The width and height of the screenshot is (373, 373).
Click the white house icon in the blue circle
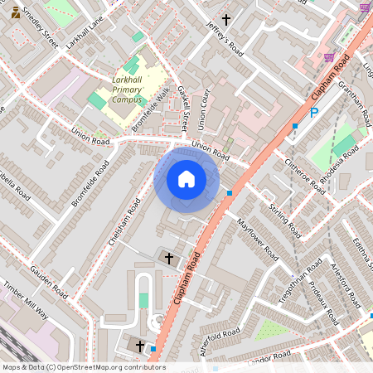click(186, 178)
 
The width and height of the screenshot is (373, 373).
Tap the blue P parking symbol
click(314, 113)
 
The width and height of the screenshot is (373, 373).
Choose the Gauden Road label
click(46, 282)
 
